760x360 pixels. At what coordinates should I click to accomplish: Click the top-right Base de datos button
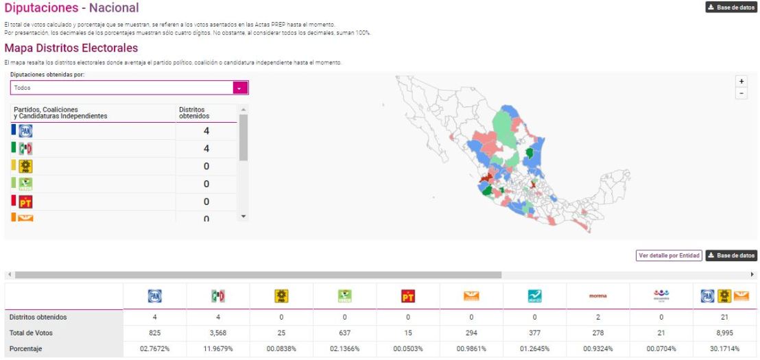pyautogui.click(x=731, y=8)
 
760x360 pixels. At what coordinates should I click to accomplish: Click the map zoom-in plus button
pyautogui.click(x=741, y=81)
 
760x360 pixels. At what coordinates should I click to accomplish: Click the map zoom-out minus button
pyautogui.click(x=741, y=93)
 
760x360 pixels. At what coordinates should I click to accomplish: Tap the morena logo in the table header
pyautogui.click(x=597, y=296)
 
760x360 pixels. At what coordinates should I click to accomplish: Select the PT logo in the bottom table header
pyautogui.click(x=408, y=296)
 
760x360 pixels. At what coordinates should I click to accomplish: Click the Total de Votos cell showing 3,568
pyautogui.click(x=218, y=333)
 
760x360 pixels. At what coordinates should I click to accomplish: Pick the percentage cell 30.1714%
pyautogui.click(x=724, y=349)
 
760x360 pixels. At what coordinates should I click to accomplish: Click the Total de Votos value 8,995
pyautogui.click(x=724, y=333)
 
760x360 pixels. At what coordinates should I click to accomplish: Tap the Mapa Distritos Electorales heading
pyautogui.click(x=71, y=48)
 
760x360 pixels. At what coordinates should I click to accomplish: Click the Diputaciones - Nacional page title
pyautogui.click(x=71, y=8)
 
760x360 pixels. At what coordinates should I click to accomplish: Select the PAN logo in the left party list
pyautogui.click(x=25, y=131)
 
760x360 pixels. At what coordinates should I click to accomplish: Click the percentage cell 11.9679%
pyautogui.click(x=218, y=349)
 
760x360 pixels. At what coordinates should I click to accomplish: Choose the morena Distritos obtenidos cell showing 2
pyautogui.click(x=597, y=317)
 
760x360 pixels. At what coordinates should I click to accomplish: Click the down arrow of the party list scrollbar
pyautogui.click(x=244, y=216)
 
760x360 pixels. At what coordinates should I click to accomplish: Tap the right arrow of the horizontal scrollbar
pyautogui.click(x=752, y=274)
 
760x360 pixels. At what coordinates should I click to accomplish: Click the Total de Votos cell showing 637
pyautogui.click(x=344, y=333)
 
